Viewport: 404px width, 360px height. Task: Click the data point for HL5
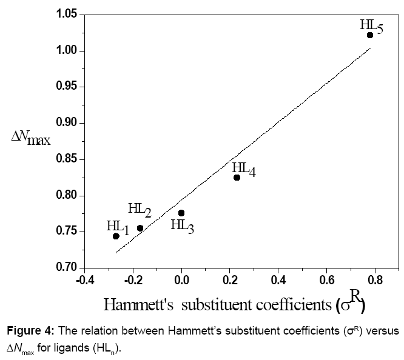[x=370, y=35]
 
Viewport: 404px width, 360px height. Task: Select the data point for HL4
[x=237, y=178]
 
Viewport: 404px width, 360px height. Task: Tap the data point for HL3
[x=181, y=213]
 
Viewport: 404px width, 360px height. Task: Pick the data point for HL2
[x=140, y=228]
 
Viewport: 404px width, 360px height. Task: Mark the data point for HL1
[x=116, y=236]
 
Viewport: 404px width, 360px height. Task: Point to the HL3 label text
[x=183, y=225]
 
